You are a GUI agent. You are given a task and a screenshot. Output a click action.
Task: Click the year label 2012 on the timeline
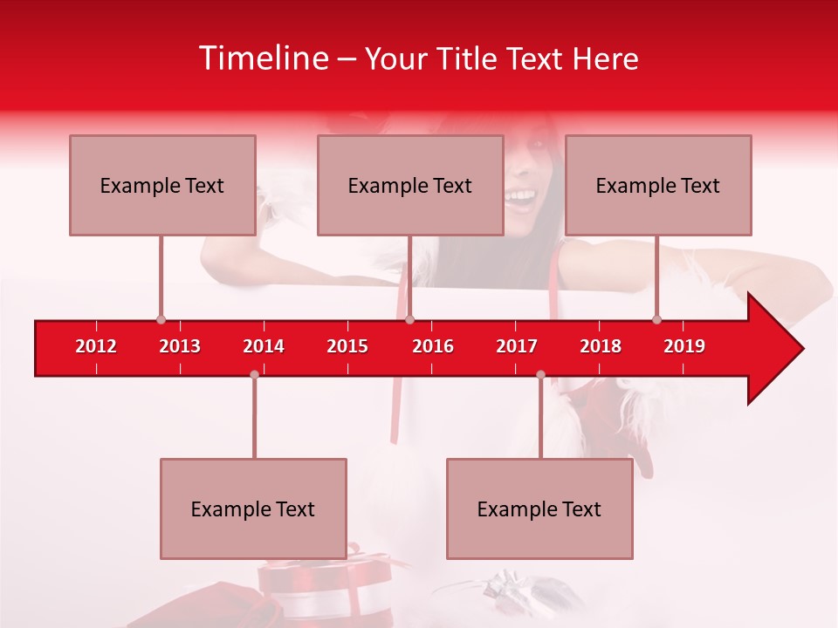96,346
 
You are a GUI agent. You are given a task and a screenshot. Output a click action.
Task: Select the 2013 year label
180,346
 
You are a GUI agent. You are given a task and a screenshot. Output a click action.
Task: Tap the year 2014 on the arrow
264,346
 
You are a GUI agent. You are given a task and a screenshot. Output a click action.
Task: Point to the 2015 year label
347,346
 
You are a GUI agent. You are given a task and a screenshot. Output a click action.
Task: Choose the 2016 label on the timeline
433,346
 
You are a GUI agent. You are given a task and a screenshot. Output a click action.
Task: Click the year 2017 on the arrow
517,346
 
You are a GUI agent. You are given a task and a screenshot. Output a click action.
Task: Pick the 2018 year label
601,346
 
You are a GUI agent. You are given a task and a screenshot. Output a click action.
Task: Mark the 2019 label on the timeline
684,346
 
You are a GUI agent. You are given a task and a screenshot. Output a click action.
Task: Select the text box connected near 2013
162,185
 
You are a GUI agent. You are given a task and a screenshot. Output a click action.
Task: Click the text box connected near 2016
410,185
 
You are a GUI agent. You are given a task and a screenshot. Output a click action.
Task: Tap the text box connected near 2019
658,185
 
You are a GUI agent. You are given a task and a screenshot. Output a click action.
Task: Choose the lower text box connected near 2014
253,509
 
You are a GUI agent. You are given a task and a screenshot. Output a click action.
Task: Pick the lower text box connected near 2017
539,509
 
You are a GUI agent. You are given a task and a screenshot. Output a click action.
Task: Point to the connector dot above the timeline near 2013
161,320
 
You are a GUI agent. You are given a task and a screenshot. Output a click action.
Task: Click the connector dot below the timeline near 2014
254,374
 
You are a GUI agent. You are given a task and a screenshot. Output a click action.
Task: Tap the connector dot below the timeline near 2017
540,374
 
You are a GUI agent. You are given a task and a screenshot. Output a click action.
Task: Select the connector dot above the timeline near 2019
656,320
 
